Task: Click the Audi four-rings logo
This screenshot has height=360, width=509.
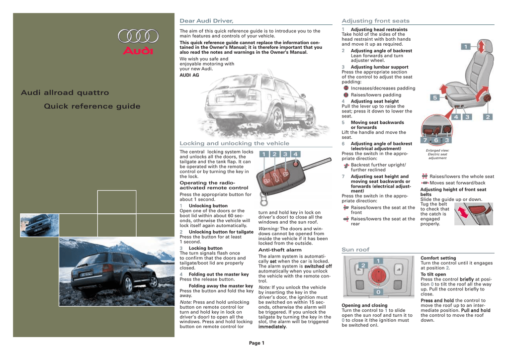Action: click(138, 36)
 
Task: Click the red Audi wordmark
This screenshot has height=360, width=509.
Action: click(138, 51)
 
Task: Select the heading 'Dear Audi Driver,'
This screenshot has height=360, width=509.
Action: click(206, 21)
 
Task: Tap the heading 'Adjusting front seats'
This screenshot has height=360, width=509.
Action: click(376, 21)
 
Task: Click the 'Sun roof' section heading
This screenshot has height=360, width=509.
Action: click(356, 249)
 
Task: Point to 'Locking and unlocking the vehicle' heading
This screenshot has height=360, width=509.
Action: click(234, 143)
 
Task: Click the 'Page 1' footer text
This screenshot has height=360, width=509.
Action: click(256, 343)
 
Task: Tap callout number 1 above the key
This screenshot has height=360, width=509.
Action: click(263, 154)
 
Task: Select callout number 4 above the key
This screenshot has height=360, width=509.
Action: click(296, 154)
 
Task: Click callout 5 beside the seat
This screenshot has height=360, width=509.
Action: click(433, 98)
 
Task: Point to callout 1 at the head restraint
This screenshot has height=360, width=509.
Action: click(466, 47)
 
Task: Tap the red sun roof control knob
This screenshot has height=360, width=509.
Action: click(378, 275)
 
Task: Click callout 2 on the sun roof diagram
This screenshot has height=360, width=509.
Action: click(363, 266)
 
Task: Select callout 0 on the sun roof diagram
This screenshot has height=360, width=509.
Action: click(378, 292)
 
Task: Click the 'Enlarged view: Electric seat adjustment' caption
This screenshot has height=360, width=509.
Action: click(437, 154)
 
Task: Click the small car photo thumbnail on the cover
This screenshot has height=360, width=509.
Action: click(39, 225)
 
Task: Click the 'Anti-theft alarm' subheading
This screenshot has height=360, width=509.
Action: click(280, 250)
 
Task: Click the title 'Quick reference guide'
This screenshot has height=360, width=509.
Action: click(92, 106)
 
